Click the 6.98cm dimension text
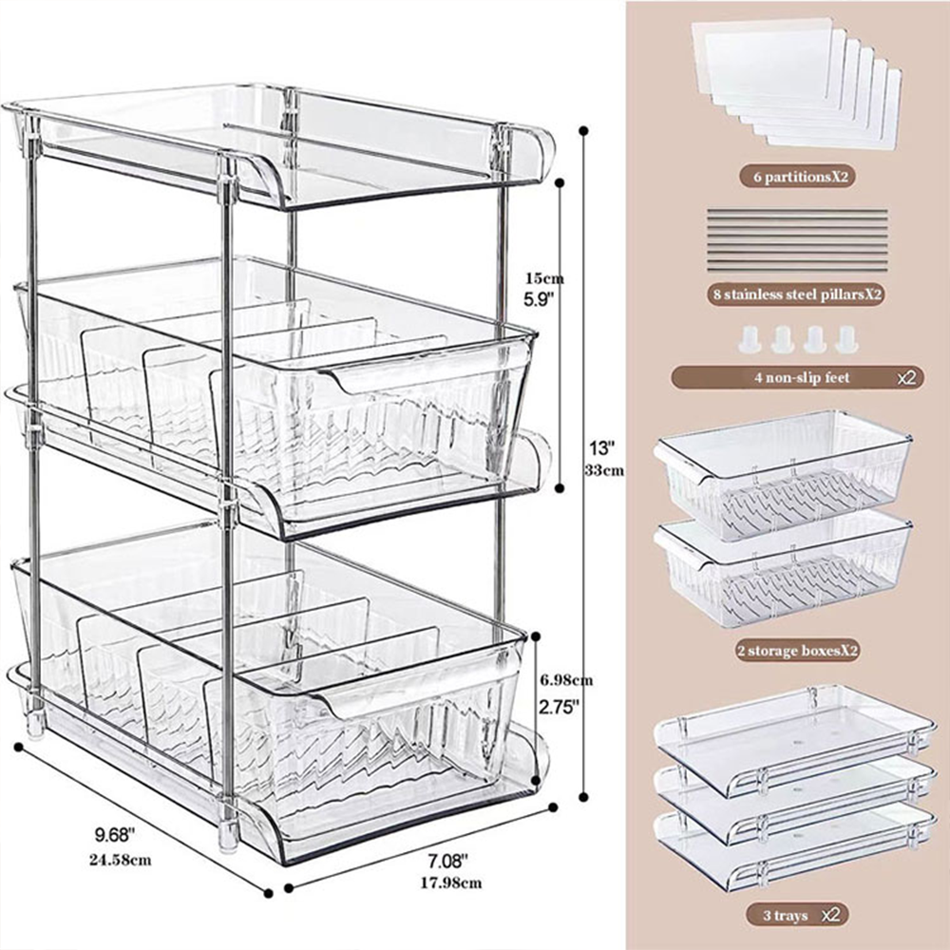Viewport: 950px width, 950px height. pyautogui.click(x=566, y=679)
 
